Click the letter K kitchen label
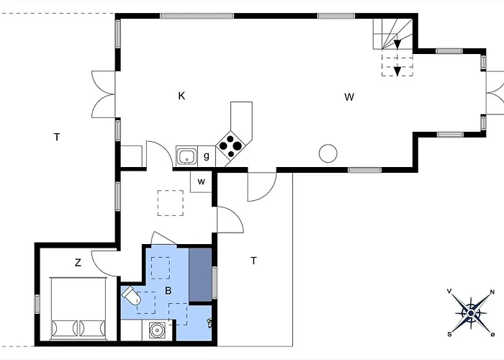[182, 96]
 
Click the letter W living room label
[349, 97]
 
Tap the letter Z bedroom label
[78, 264]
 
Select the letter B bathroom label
[168, 292]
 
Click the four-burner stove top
[230, 145]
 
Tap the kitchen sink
[187, 155]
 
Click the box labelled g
[207, 156]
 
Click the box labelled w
[202, 181]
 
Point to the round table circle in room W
[328, 153]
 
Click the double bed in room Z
[78, 308]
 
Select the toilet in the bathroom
[132, 296]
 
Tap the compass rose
[471, 312]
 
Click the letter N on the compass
[492, 292]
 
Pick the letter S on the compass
[449, 334]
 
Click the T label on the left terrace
[56, 137]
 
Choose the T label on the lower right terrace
[253, 261]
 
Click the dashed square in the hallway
[171, 202]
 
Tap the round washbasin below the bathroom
[156, 330]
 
